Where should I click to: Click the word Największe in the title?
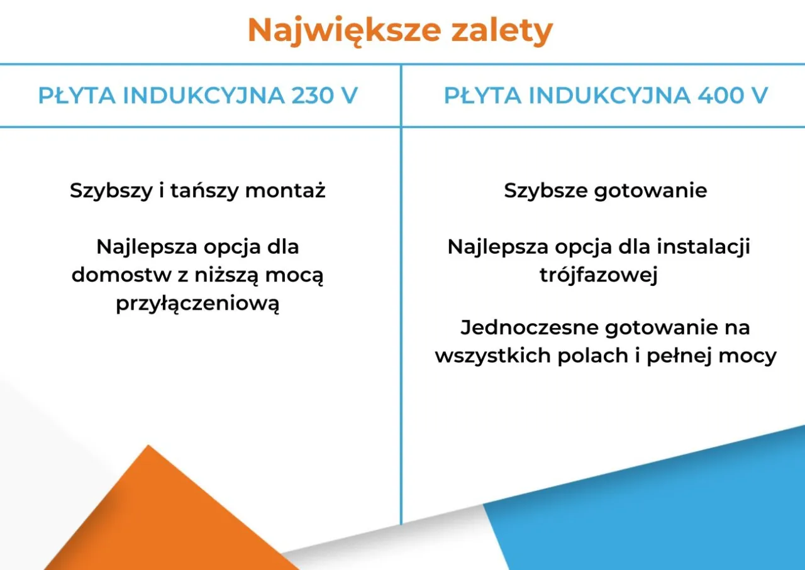pos(344,30)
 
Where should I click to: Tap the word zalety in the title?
pos(502,30)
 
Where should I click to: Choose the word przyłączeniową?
pos(197,304)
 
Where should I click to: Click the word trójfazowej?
pos(599,276)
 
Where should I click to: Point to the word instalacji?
pos(703,247)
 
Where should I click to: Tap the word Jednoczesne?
pos(528,327)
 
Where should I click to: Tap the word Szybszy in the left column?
pos(108,190)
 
